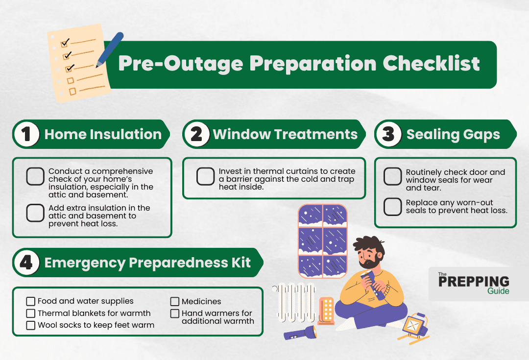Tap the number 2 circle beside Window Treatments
pos(197,135)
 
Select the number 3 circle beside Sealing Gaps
pos(388,135)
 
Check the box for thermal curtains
pos(205,177)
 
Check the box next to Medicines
pos(175,302)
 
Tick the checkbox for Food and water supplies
pos(30,301)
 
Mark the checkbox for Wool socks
pos(30,325)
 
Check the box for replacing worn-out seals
pos(392,207)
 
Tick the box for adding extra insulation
pos(35,212)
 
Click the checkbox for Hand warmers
pos(175,313)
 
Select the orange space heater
pos(326,311)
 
